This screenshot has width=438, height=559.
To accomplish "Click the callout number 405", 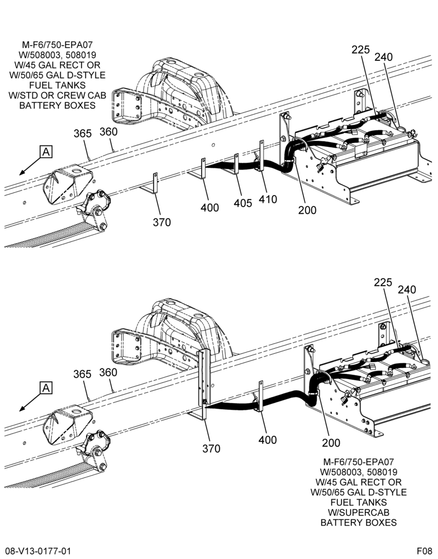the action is coord(242,203).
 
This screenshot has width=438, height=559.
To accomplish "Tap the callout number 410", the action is coord(268,200).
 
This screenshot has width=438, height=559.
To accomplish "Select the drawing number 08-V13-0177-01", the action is coord(38,551).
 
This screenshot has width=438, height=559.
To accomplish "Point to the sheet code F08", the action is coord(425,551).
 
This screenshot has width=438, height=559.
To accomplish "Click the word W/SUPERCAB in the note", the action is coord(359,512).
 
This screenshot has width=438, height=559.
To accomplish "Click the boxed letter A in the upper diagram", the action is coord(46,152).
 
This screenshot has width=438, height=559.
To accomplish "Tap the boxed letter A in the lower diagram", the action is coord(46,387).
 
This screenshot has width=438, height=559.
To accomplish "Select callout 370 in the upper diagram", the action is coord(162,222).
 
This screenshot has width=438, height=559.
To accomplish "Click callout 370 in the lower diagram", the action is coord(211,448).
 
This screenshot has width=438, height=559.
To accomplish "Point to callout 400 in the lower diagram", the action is coord(268,440).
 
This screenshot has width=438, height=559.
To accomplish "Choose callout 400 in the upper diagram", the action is coord(210,207).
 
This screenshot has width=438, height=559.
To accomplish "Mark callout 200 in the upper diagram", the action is coord(307,210).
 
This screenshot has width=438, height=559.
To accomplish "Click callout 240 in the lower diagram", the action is coord(407,290).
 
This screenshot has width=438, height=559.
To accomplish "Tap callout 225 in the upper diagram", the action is coord(361,50).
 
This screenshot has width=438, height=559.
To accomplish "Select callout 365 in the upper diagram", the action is coord(83,134).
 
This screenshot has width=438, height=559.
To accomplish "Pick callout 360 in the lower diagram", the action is coord(108,372).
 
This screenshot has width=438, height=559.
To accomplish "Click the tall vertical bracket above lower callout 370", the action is coord(204,385).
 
